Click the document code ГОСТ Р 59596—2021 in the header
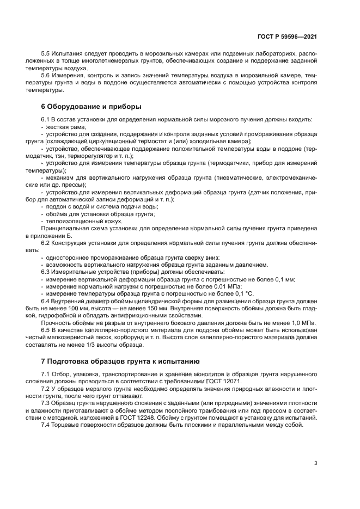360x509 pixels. click(x=287, y=36)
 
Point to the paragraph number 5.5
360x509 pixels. click(x=47, y=54)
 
